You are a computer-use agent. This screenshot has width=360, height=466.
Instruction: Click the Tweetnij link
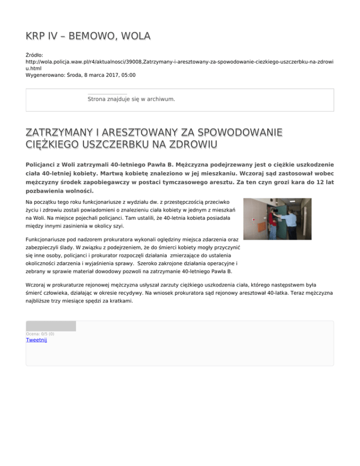tap(36, 340)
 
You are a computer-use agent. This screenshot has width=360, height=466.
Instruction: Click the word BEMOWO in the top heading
tap(90, 36)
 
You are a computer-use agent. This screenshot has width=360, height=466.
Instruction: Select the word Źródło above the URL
tap(35, 55)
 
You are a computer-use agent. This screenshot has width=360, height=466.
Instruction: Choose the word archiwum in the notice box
tap(160, 99)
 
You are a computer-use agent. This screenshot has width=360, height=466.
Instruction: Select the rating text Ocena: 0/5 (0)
tap(41, 333)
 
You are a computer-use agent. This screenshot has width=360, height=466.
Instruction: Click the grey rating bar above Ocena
tap(51, 326)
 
